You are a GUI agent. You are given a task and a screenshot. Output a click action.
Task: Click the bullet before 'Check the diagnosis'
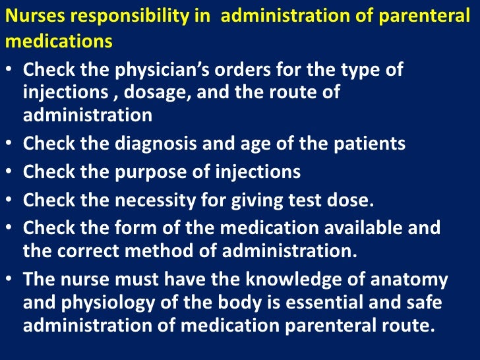coord(13,143)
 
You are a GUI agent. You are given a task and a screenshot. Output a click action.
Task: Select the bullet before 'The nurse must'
coord(13,280)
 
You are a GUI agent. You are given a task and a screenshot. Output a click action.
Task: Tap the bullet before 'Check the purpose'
coord(13,172)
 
